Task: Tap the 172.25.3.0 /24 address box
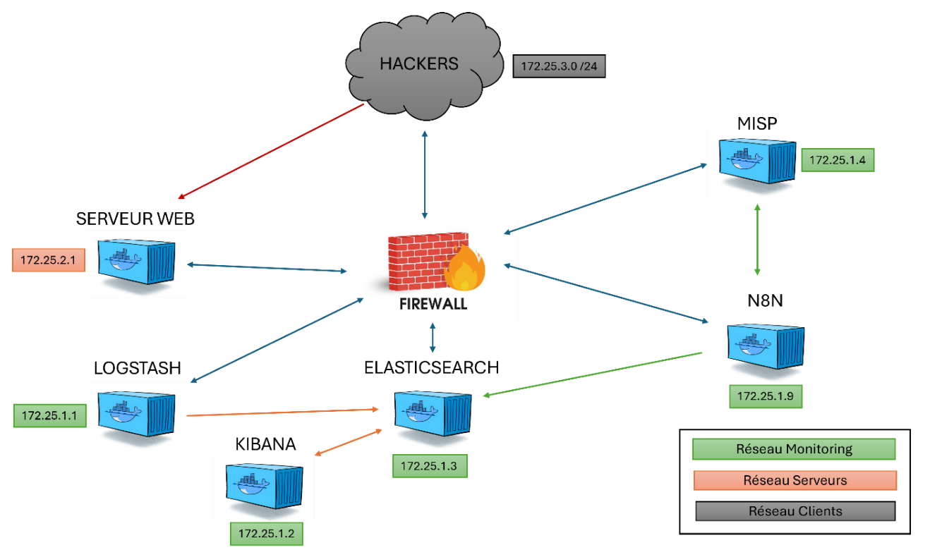click(559, 67)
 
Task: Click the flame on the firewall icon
click(464, 269)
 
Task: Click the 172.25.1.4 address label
click(838, 160)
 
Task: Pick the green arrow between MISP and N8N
click(757, 240)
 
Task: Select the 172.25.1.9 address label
click(766, 396)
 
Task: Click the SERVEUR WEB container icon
click(135, 262)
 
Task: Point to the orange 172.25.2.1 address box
click(48, 260)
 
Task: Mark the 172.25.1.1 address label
click(49, 415)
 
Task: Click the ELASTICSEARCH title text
click(431, 367)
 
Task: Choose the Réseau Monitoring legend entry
click(794, 449)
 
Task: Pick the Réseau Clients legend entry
click(795, 511)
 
